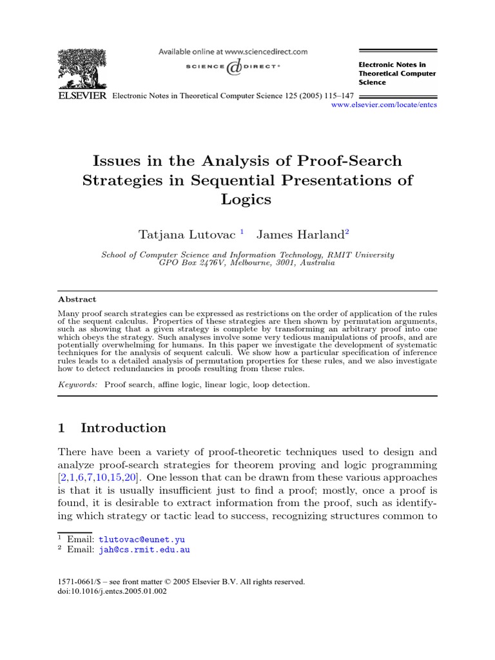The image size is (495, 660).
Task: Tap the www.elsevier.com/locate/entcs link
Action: click(x=383, y=104)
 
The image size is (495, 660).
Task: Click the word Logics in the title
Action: click(x=247, y=199)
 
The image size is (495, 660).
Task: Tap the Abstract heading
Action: click(x=77, y=299)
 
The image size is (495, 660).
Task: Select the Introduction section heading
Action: click(x=123, y=428)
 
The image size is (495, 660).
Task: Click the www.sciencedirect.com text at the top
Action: click(x=268, y=52)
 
